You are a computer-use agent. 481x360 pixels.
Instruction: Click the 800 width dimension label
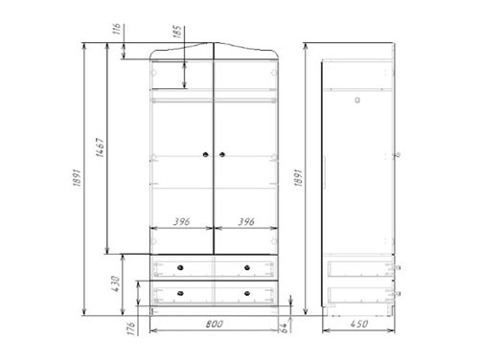[x=215, y=324]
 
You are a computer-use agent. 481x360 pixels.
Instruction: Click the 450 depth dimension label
[x=359, y=324]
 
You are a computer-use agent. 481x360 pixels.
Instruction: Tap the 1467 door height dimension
[x=101, y=147]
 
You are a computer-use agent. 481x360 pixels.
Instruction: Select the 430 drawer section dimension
[x=115, y=283]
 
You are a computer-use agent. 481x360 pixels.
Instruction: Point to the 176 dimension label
[x=131, y=328]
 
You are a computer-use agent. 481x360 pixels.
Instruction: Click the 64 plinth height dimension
[x=284, y=328]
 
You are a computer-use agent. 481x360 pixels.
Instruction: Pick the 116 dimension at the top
[x=117, y=29]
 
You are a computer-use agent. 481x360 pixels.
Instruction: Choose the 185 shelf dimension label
[x=177, y=32]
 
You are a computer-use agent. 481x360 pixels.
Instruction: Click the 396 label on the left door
[x=181, y=221]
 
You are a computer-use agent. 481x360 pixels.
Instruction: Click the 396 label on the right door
[x=246, y=221]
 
